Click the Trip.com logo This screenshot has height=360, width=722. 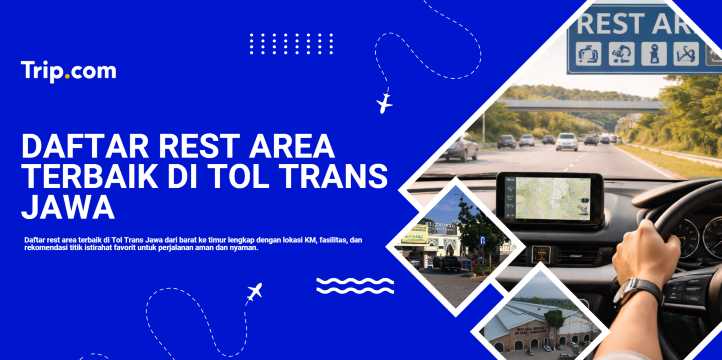click(x=68, y=71)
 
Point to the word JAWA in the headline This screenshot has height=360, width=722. click(x=67, y=209)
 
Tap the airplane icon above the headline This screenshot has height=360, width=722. click(x=384, y=103)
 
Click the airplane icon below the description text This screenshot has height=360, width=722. click(x=254, y=293)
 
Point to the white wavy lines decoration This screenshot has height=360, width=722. click(x=354, y=286)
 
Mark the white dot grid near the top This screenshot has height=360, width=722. click(x=290, y=44)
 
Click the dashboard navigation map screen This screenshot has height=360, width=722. click(x=549, y=198)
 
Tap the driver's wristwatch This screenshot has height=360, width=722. click(x=636, y=291)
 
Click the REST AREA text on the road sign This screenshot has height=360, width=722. click(x=640, y=22)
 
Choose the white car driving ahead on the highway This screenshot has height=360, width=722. click(x=567, y=141)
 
